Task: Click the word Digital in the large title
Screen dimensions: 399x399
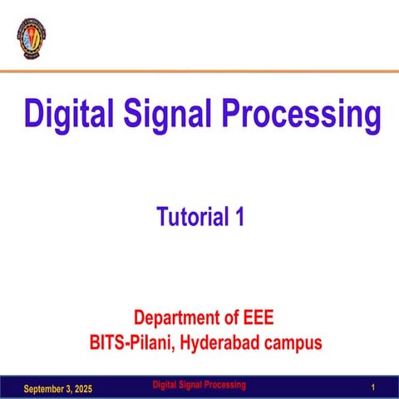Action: [x=68, y=114]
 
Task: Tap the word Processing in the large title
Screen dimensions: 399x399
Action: [x=302, y=114]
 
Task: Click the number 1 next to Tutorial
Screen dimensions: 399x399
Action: [x=239, y=218]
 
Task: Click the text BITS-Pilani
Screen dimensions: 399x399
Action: [x=131, y=341]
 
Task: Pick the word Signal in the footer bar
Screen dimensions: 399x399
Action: [x=197, y=385]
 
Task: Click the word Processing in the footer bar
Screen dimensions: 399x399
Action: [x=229, y=385]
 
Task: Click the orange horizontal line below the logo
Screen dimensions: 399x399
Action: [x=199, y=71]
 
